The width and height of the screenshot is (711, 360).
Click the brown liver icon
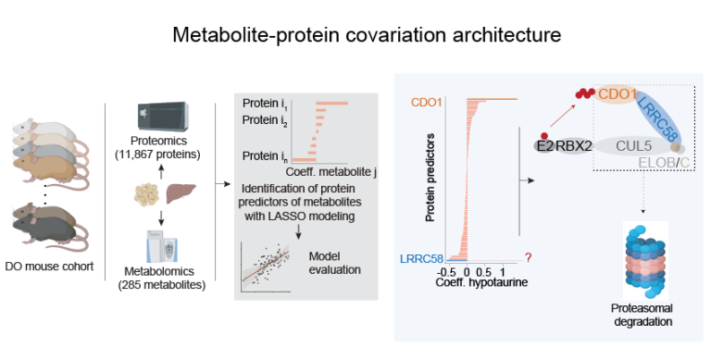point(180,195)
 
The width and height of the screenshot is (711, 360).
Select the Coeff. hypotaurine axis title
point(476,282)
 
